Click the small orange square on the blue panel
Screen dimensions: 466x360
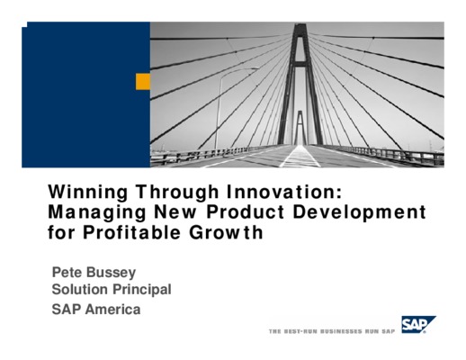coord(143,81)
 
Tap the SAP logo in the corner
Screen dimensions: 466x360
coord(418,324)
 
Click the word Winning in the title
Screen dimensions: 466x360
coord(88,193)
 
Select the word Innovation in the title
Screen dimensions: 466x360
coord(284,192)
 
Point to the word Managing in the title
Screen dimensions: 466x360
coord(97,212)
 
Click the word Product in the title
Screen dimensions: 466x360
coord(246,211)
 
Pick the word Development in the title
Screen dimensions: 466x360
coord(359,212)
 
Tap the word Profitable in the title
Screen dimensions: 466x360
coord(131,232)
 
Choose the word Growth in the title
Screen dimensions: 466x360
coord(226,232)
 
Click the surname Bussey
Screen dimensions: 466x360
coord(111,273)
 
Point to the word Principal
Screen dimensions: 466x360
coord(141,290)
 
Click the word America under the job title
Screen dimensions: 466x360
coord(112,310)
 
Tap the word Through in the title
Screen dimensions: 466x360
coord(177,193)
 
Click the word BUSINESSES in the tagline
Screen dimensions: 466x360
coord(341,331)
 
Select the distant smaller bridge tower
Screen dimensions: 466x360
coord(300,128)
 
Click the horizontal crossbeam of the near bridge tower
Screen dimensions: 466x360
coord(300,64)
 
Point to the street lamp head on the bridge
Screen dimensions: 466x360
coord(254,68)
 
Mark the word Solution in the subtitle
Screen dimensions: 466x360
coord(80,290)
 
